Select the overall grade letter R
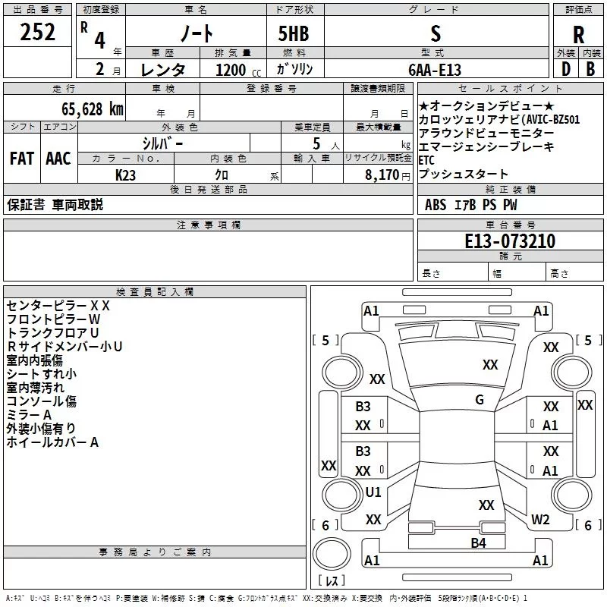(x=578, y=36)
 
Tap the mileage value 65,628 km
(x=88, y=109)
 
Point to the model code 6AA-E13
(x=435, y=69)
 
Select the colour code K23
(x=127, y=174)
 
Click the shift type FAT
(x=22, y=159)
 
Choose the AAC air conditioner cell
(x=58, y=159)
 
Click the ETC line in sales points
(x=426, y=160)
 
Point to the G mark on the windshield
(x=479, y=400)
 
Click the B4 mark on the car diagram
(x=478, y=543)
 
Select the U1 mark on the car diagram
(x=373, y=492)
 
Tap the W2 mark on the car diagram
(x=540, y=519)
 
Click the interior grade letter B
(x=590, y=69)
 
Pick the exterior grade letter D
(x=565, y=69)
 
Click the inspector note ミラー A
(x=29, y=415)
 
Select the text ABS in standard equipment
(x=436, y=205)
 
